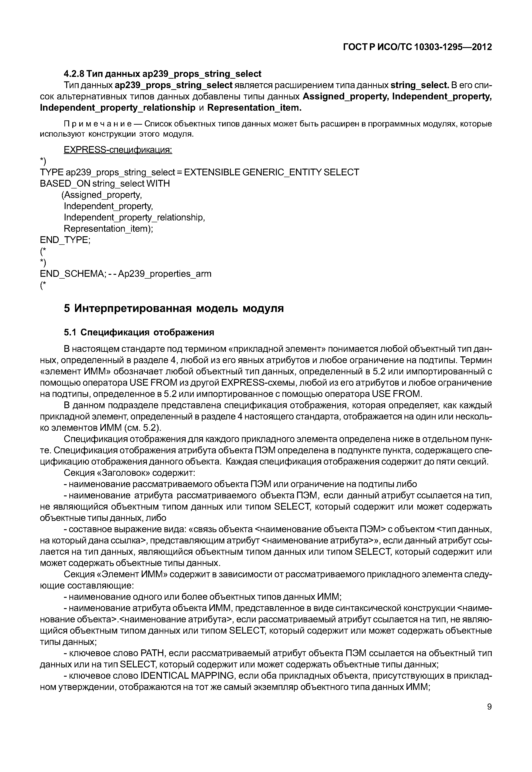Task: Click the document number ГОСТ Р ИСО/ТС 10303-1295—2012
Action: [x=417, y=47]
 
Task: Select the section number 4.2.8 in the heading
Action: [x=74, y=74]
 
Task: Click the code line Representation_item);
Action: [x=108, y=229]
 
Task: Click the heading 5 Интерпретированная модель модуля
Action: [x=174, y=308]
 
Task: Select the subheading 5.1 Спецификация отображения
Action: [x=139, y=333]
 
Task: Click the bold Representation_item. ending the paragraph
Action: [x=254, y=108]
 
